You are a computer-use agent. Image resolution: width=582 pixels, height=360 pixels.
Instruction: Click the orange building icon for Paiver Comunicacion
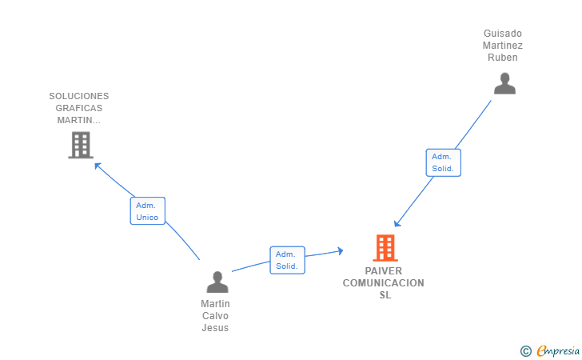385,248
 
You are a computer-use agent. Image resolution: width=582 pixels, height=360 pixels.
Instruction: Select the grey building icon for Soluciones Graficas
80,145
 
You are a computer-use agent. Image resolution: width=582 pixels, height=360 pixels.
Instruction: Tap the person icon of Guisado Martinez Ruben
504,83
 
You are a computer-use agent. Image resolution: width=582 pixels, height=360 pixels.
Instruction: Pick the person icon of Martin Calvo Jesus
217,282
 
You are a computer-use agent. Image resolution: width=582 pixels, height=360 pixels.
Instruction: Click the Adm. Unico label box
147,211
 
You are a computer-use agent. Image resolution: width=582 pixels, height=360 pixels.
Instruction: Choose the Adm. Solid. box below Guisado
443,162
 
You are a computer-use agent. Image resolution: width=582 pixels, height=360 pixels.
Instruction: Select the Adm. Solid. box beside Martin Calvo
287,260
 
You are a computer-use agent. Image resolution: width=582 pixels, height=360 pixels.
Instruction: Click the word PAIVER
384,271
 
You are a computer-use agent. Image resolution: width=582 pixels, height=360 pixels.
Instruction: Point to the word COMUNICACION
384,283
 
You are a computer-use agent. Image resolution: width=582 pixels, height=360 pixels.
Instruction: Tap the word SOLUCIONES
79,96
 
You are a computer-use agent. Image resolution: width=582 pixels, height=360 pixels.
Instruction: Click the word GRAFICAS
79,108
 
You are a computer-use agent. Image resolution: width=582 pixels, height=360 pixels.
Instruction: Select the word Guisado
503,34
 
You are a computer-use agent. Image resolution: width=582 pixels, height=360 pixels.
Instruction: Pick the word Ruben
503,58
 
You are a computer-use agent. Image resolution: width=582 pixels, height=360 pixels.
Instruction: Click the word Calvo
216,316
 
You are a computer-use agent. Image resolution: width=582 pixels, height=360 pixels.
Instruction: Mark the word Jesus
216,328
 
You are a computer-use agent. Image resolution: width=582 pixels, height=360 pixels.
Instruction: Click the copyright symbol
525,350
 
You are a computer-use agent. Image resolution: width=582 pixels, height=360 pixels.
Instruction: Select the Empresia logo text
558,350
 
